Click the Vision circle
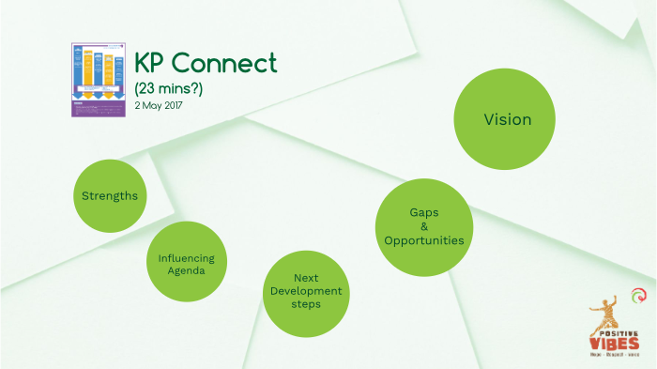pos(507,120)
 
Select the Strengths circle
pos(110,196)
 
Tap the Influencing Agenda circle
pos(186,263)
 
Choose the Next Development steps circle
pos(305,292)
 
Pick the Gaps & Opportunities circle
pos(423,226)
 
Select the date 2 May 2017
pos(159,105)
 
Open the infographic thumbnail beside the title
pos(99,80)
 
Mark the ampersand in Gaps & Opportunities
pos(423,226)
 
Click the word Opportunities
pos(423,240)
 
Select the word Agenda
pos(186,270)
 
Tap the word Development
pos(305,291)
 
